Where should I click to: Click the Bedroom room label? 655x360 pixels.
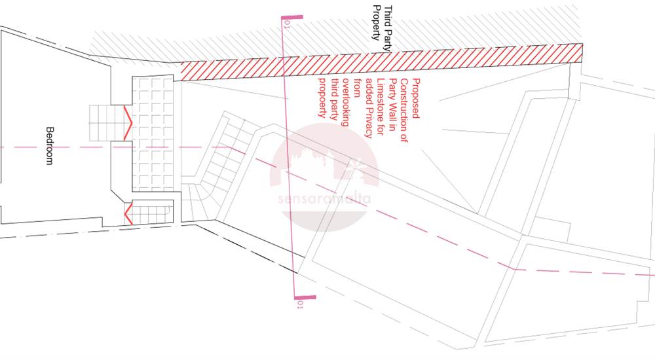point(49,146)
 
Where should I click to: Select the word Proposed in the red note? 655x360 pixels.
point(416,98)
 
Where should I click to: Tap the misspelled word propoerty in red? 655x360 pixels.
point(322,98)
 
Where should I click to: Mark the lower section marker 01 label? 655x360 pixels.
point(299,304)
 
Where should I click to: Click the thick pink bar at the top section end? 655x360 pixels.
point(292,17)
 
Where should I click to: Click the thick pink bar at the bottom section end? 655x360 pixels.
point(305,297)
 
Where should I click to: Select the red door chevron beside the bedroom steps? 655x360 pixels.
point(128,123)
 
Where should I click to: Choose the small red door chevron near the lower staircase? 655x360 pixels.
point(128,214)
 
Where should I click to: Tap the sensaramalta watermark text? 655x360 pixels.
point(324,198)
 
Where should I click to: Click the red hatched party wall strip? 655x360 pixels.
point(381,62)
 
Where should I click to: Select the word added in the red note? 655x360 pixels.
point(369,90)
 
